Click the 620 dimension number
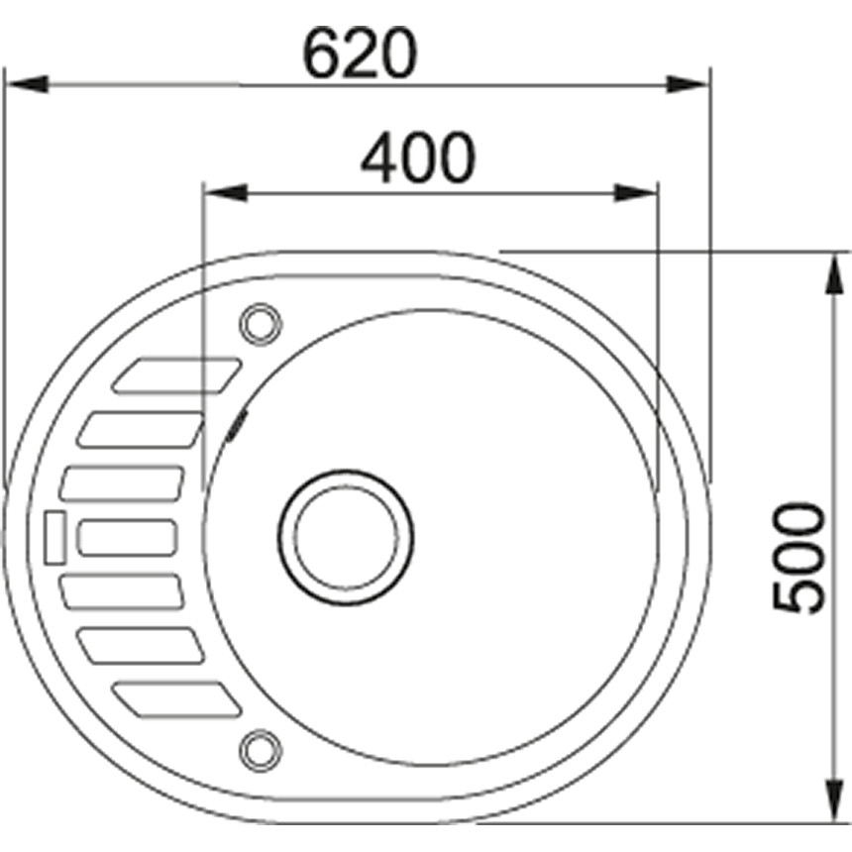tap(358, 55)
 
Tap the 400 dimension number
tap(417, 159)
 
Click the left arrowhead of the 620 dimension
tap(26, 84)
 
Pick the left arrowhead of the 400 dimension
tap(224, 193)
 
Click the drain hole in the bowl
tap(345, 532)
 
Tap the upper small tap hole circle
tap(260, 323)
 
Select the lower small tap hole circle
tap(260, 748)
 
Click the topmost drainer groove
tap(176, 375)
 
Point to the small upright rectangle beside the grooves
tap(53, 537)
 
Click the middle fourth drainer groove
tap(127, 538)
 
